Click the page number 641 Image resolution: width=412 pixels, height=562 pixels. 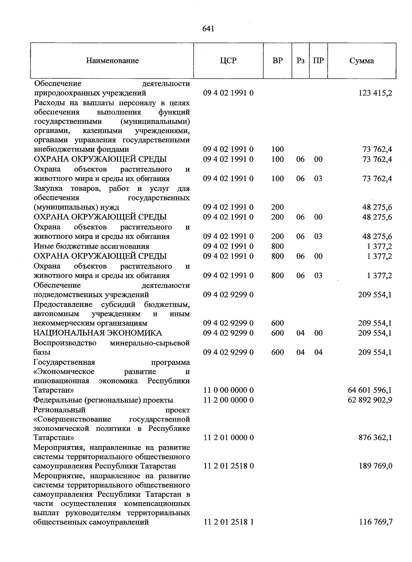(x=208, y=29)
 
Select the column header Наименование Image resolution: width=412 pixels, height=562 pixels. (x=112, y=61)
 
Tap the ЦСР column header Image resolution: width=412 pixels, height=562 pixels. (x=228, y=61)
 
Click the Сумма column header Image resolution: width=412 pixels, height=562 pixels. (x=362, y=61)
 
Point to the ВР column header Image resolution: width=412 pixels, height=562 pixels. (x=277, y=61)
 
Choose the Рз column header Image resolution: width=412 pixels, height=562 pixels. (x=300, y=61)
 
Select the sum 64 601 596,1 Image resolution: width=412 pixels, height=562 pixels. (x=370, y=390)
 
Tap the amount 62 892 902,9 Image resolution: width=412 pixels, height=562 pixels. (x=370, y=400)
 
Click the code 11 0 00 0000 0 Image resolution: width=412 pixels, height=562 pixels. (x=228, y=390)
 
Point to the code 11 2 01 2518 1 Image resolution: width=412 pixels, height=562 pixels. (x=228, y=522)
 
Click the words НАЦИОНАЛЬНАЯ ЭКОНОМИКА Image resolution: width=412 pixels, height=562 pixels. (x=98, y=333)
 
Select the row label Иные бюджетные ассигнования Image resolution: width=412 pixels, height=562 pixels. (x=91, y=246)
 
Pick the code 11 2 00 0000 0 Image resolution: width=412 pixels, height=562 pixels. (x=228, y=400)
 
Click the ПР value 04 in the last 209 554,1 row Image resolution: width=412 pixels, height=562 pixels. (x=318, y=352)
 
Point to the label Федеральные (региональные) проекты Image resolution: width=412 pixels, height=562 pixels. (x=103, y=400)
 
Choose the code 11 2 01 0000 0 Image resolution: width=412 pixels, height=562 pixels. (x=228, y=438)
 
